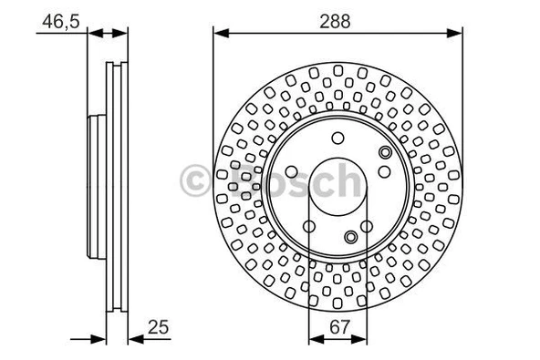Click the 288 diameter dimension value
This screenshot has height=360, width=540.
pyautogui.click(x=337, y=17)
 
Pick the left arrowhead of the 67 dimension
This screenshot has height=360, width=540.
pyautogui.click(x=314, y=339)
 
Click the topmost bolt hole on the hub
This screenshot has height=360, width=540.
pyautogui.click(x=337, y=139)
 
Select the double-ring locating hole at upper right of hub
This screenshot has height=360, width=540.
pyautogui.click(x=385, y=151)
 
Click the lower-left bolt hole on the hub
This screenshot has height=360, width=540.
pyautogui.click(x=308, y=227)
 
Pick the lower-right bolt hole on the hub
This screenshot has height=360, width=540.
pyautogui.click(x=367, y=227)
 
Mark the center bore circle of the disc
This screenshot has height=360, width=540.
pyautogui.click(x=337, y=191)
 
